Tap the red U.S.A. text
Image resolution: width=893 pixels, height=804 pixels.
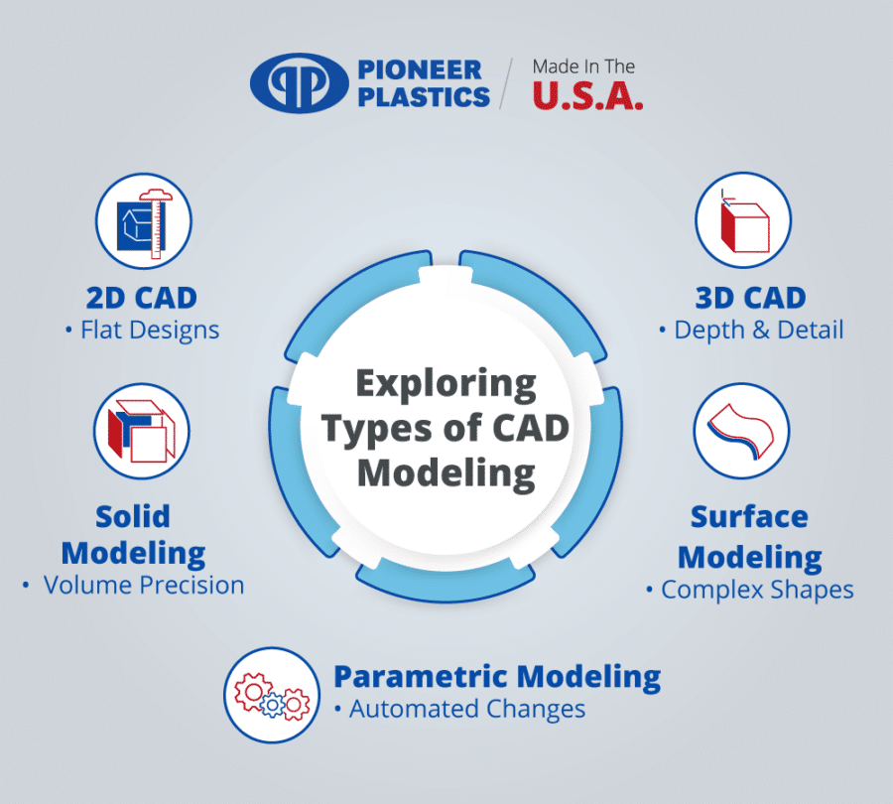(587, 94)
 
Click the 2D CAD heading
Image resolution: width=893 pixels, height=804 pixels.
(142, 297)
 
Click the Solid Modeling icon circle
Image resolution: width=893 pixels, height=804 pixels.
(142, 428)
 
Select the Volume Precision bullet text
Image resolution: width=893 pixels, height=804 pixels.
(144, 585)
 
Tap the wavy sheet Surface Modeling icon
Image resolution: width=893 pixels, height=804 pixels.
(741, 429)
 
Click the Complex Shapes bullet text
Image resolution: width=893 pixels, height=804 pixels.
(757, 589)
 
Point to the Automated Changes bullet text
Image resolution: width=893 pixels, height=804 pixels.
(466, 710)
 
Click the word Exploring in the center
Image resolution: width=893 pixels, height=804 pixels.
(446, 382)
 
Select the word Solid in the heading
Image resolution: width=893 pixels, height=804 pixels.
(133, 515)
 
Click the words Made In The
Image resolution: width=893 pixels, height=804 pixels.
(584, 67)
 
